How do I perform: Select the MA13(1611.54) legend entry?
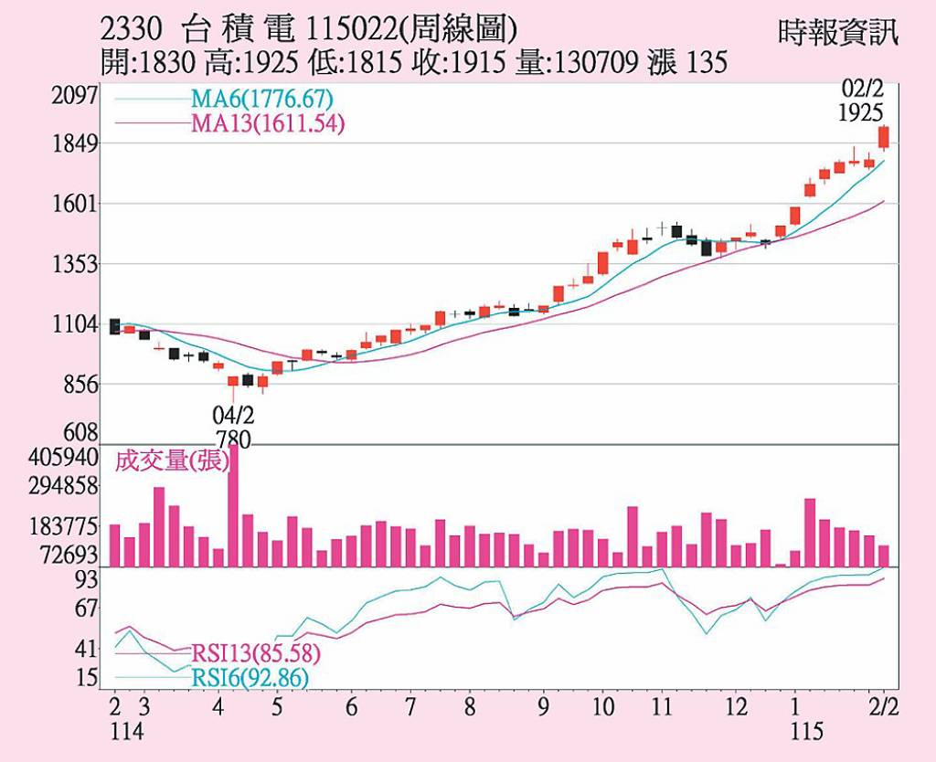tap(267, 124)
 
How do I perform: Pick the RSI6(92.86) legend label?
tap(250, 678)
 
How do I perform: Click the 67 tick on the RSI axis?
tap(86, 608)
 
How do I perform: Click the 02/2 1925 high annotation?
tap(865, 101)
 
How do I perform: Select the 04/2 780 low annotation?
tap(233, 427)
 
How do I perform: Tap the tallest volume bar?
tap(233, 505)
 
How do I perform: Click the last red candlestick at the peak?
tap(884, 137)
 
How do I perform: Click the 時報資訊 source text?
tap(838, 34)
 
